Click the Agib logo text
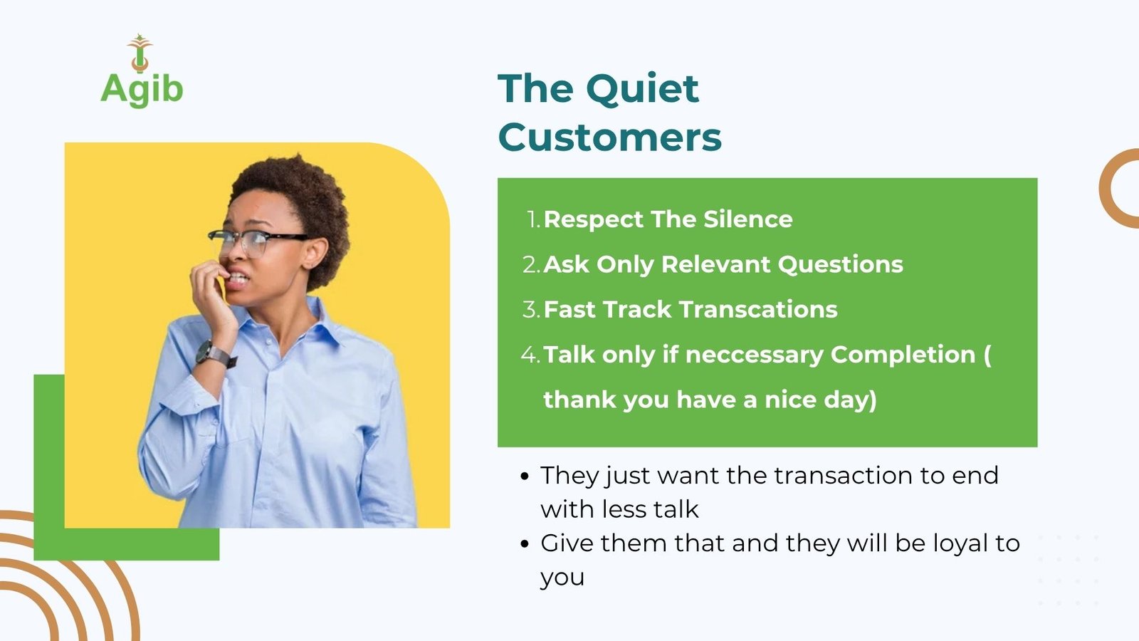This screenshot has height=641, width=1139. click(x=142, y=90)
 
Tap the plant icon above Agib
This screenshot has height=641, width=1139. click(x=140, y=53)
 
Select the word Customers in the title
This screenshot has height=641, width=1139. click(x=609, y=137)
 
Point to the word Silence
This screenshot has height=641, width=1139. click(x=748, y=219)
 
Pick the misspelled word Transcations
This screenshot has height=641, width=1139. click(x=758, y=309)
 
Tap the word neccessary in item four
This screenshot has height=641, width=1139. click(x=754, y=355)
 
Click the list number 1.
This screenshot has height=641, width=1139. click(x=533, y=220)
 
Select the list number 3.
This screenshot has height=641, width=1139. click(x=531, y=309)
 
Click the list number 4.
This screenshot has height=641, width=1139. click(x=530, y=354)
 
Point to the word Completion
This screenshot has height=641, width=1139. click(x=903, y=355)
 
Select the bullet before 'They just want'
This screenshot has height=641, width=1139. click(x=525, y=476)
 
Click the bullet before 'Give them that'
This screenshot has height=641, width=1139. click(x=525, y=544)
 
